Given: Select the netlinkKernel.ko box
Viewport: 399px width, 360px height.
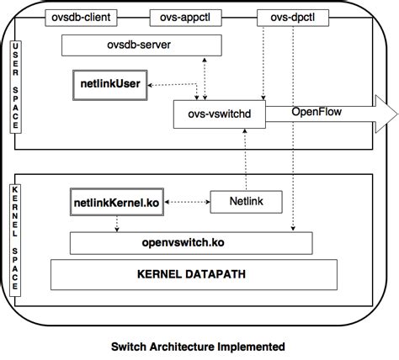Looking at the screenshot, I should tap(115, 202).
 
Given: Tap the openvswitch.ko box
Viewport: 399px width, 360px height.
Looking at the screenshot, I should tap(183, 242).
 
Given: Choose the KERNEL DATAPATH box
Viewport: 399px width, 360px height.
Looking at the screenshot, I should tap(183, 274).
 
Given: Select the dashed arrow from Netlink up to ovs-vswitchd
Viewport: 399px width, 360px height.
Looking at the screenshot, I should tap(245, 160).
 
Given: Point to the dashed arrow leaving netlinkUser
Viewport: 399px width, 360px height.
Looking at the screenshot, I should tap(173, 83).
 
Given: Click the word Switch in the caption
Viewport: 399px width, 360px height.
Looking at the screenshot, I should tap(134, 346).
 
